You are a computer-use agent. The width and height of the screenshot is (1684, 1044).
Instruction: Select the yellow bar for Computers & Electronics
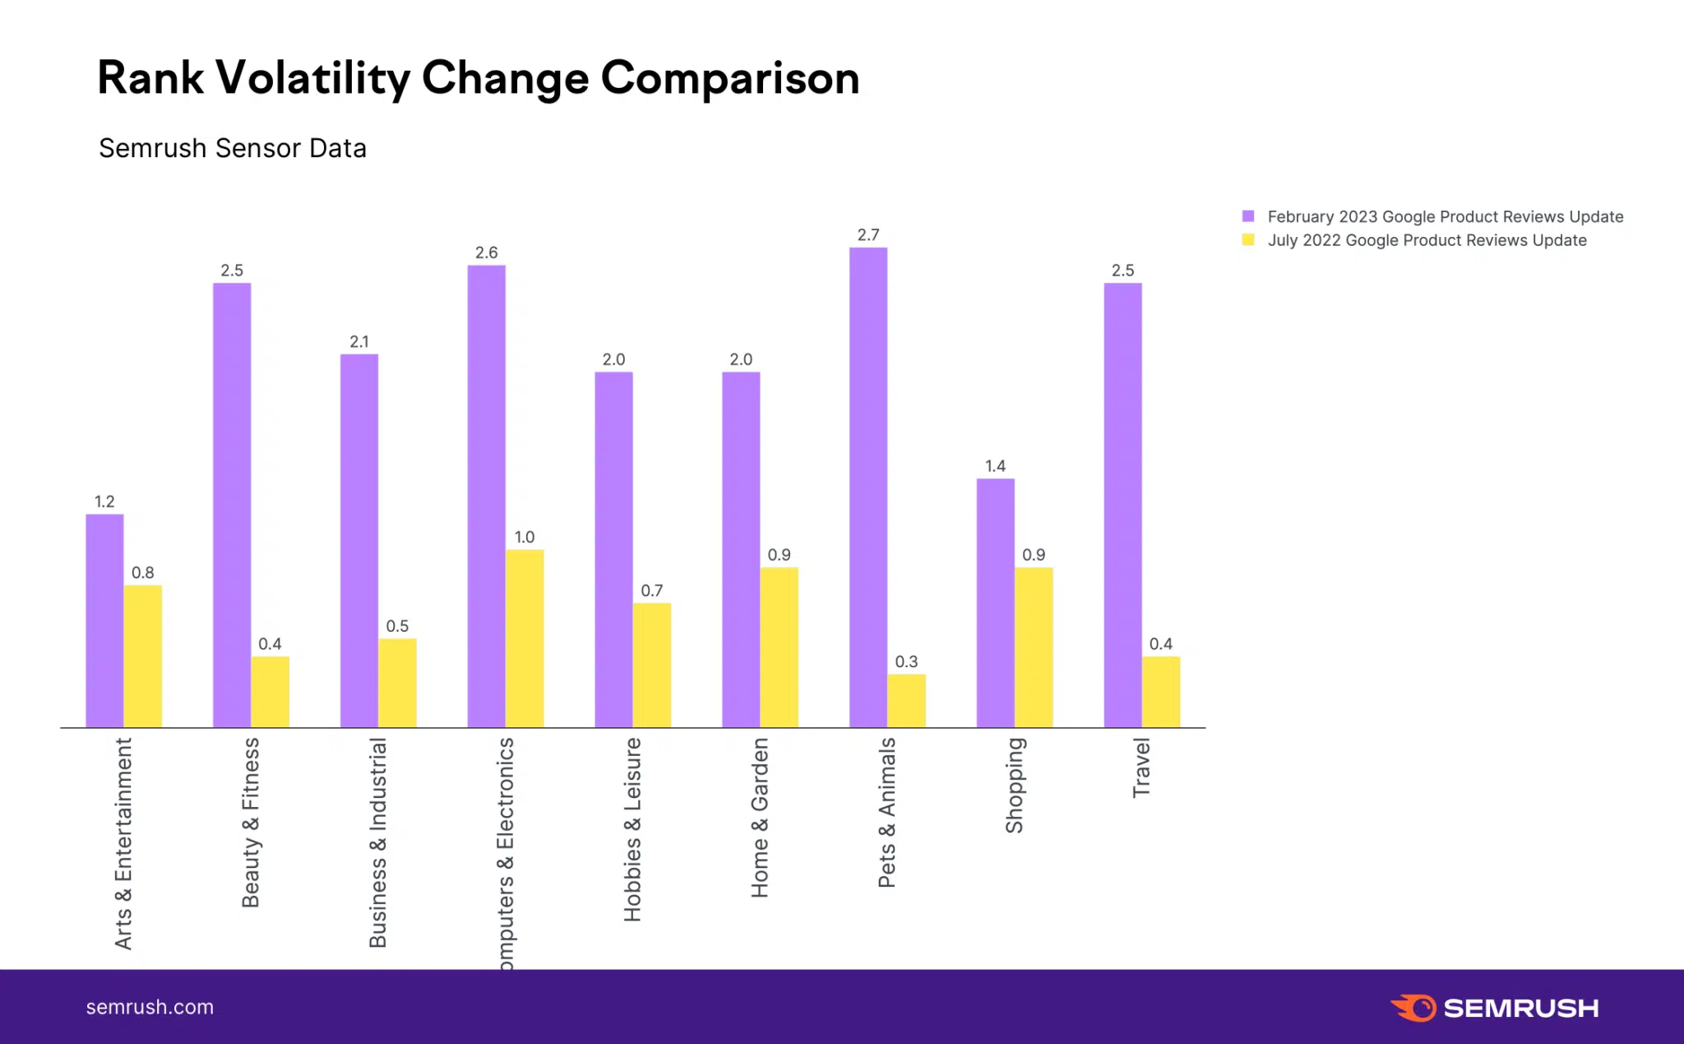click(525, 638)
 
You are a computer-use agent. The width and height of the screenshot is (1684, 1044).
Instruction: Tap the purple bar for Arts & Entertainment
click(104, 621)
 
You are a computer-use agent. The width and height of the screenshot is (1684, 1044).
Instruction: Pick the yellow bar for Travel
click(1161, 692)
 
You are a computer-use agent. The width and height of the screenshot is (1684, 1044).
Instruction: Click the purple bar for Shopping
click(995, 603)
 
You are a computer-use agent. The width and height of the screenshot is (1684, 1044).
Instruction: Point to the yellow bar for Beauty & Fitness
click(270, 692)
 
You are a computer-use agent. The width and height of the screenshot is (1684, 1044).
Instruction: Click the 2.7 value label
click(868, 235)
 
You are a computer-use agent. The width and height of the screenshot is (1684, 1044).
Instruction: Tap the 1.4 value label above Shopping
click(995, 466)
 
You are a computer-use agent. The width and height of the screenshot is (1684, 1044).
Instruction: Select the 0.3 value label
click(906, 661)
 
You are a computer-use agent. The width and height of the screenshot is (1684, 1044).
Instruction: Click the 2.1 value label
click(359, 341)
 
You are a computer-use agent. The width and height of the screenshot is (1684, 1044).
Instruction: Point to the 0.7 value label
click(651, 591)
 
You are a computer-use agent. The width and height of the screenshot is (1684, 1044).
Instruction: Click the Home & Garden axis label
click(760, 817)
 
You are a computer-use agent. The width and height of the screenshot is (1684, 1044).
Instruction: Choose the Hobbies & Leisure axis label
click(632, 829)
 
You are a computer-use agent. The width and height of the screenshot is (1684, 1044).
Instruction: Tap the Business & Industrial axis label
click(377, 842)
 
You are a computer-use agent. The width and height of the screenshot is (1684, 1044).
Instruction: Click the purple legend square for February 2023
click(1248, 216)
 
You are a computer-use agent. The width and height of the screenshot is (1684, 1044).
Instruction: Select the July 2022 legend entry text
click(1427, 240)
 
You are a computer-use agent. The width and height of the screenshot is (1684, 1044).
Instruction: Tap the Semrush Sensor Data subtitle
click(233, 148)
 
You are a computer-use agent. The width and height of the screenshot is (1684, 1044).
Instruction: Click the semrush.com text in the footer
click(150, 1007)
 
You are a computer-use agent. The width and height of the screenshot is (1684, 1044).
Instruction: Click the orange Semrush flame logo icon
click(1413, 1007)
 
